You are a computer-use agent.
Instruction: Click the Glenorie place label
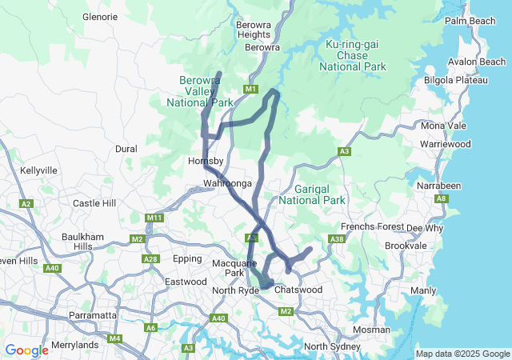(x=100, y=16)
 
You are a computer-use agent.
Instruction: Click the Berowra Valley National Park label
(x=199, y=91)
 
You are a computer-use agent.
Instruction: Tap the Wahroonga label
(x=228, y=184)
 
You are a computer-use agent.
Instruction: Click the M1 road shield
(x=251, y=89)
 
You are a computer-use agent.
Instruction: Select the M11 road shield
(x=154, y=218)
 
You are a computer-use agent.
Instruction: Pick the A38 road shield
(x=337, y=239)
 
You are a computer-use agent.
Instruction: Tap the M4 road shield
(x=115, y=338)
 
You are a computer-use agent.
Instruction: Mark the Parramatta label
(x=94, y=315)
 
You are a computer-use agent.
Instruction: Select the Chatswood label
(x=298, y=289)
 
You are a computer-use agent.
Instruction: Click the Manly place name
(x=423, y=290)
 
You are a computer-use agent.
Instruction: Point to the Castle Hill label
(x=94, y=204)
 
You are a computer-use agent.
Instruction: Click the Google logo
(x=26, y=350)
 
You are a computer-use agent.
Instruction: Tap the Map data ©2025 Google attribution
(x=462, y=354)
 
